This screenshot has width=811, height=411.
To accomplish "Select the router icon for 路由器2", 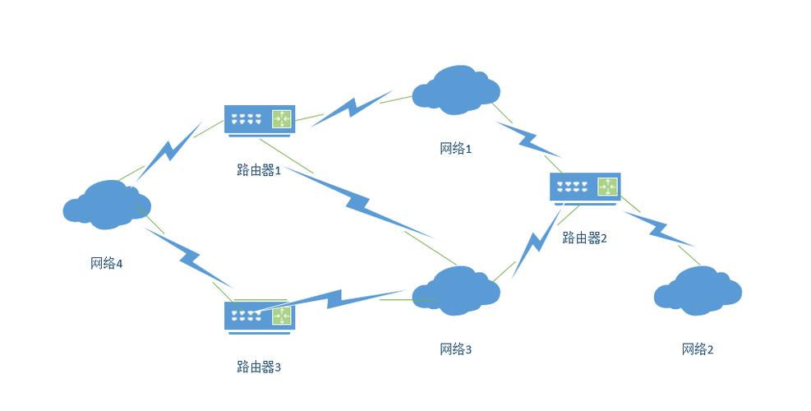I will point(584,189).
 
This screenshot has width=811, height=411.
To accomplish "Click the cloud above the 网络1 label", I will point(457,88).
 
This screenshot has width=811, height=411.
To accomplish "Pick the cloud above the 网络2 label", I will point(698,291).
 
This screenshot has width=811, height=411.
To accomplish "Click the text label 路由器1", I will point(259,170).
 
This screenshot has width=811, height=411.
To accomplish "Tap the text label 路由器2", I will point(584,238).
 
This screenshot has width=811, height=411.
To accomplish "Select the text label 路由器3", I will point(259,367).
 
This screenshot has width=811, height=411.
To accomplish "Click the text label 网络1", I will point(456,149).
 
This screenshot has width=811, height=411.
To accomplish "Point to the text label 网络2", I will point(698,349).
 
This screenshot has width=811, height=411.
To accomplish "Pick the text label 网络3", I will point(456,349).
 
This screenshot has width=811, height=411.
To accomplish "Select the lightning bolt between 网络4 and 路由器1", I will point(169,150).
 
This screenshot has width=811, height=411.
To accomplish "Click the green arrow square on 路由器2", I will point(608,187).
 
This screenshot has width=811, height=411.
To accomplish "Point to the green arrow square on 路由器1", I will point(283,118).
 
